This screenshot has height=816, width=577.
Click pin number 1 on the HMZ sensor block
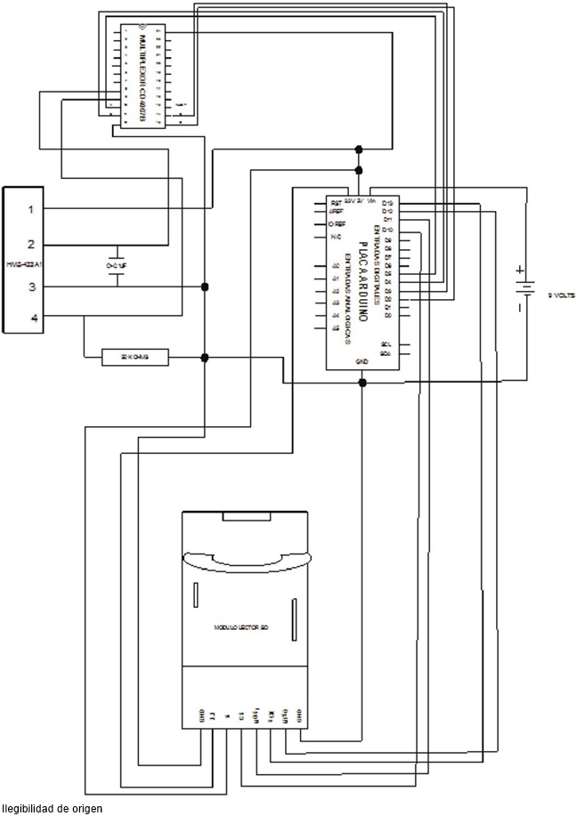point(30,209)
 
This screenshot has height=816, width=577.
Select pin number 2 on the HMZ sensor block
point(30,244)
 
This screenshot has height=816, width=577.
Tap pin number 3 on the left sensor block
point(30,287)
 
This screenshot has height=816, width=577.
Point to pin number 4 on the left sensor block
point(30,318)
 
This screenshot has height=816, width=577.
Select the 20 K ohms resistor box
point(135,358)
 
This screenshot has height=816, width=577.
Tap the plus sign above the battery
point(520,269)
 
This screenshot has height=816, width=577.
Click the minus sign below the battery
point(520,308)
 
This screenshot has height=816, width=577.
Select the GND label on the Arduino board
point(362,362)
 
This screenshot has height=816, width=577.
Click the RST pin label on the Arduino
point(336,204)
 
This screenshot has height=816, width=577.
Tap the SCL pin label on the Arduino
point(386,344)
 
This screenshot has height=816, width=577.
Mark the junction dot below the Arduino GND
point(362,383)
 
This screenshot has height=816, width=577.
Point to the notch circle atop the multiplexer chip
point(139,28)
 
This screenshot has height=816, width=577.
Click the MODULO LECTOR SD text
point(241,627)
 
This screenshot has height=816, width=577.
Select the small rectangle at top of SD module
point(244,517)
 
